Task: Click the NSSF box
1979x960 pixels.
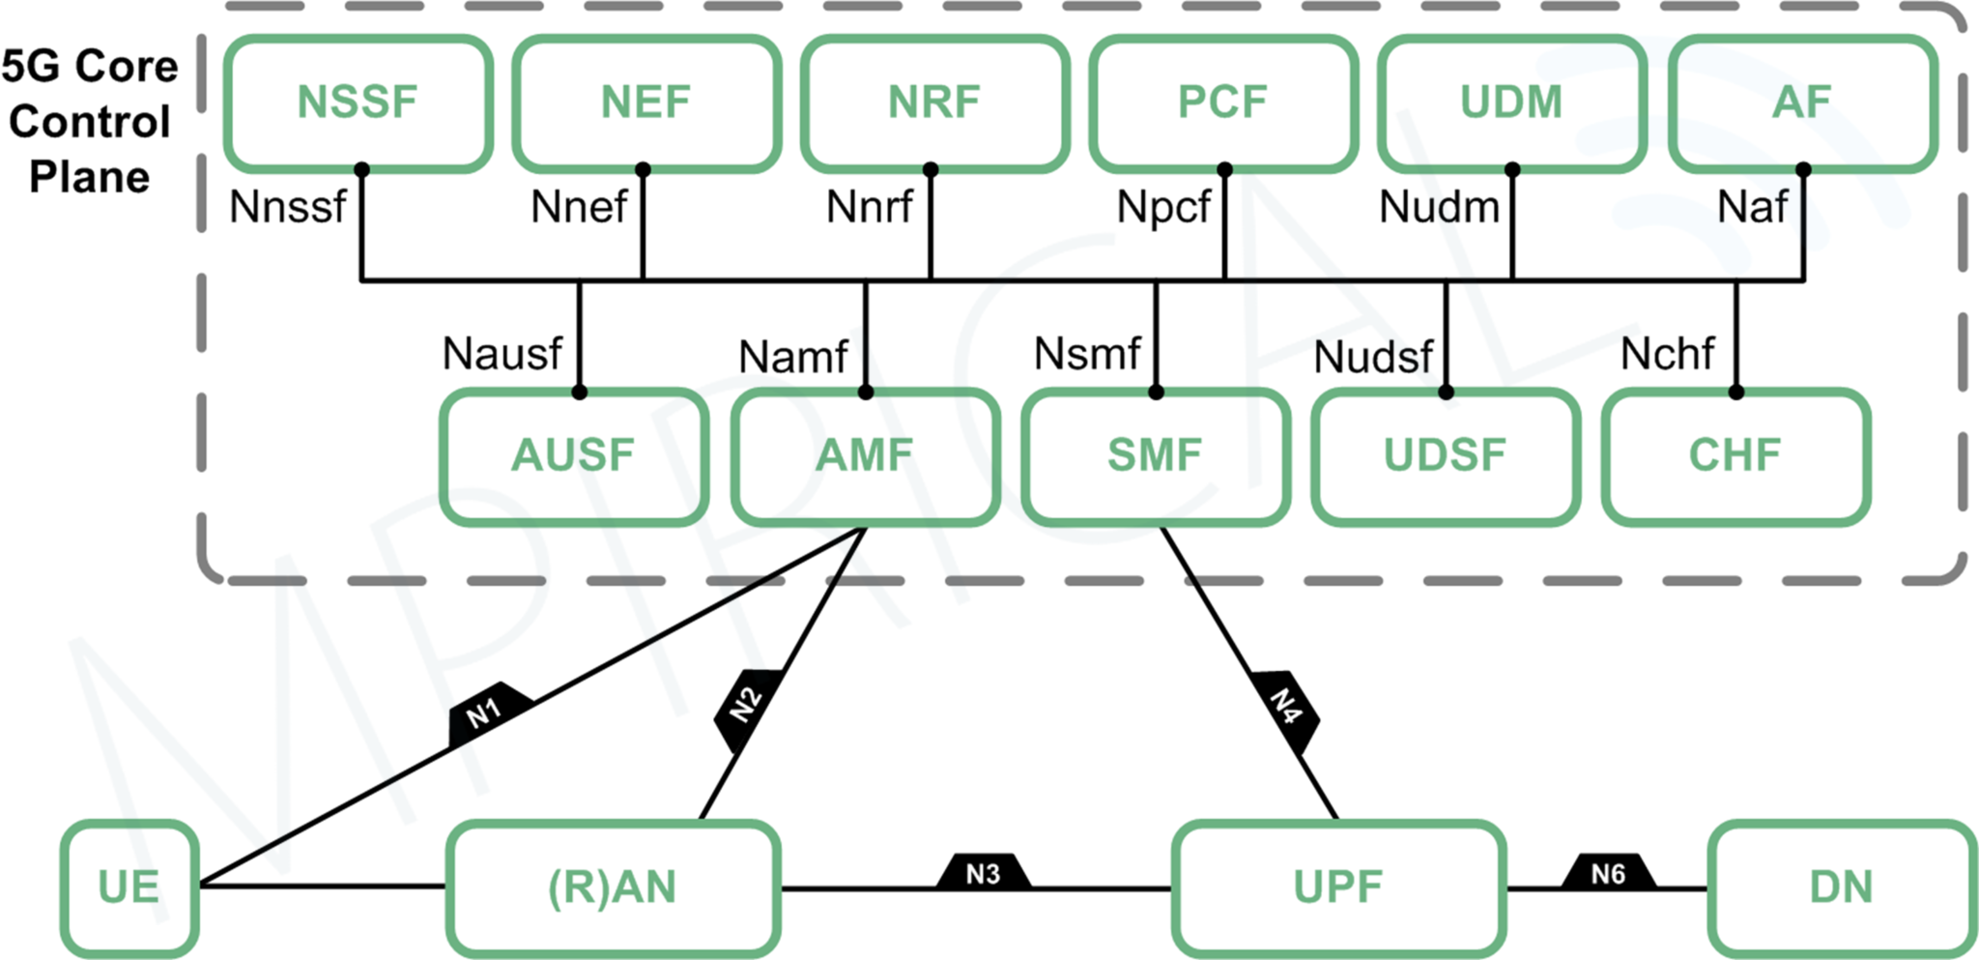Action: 358,102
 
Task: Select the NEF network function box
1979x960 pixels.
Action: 645,102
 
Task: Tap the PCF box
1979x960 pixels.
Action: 1222,102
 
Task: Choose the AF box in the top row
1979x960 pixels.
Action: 1801,102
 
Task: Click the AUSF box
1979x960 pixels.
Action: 573,456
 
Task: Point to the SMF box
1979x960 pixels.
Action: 1155,456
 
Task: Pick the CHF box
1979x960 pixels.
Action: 1735,456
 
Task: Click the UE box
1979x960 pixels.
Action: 129,887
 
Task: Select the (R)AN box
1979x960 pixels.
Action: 613,887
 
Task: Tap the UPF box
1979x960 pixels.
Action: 1337,887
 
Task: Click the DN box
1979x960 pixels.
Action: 1841,887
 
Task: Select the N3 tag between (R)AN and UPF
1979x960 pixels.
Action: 984,874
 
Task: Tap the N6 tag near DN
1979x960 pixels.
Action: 1609,874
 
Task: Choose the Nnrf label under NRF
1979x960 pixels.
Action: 869,207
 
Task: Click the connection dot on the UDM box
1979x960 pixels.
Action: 1512,170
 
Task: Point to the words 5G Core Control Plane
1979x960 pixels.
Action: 90,122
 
